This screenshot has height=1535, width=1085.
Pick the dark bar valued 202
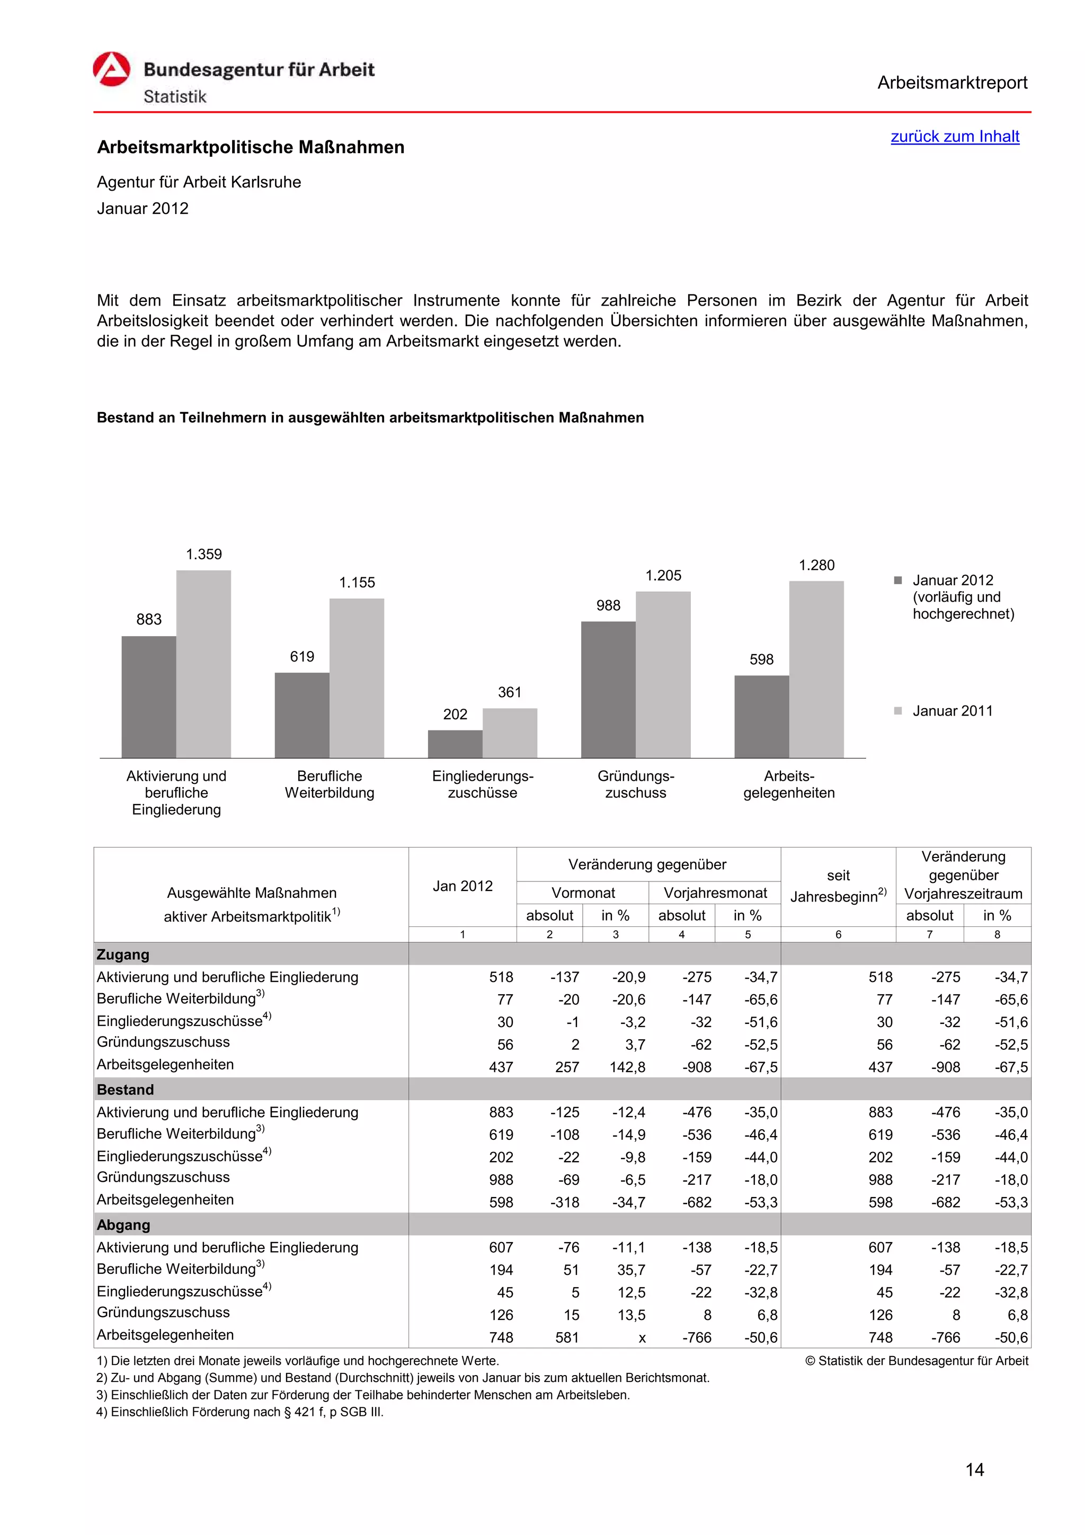tap(455, 744)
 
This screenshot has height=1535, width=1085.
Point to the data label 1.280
tap(816, 566)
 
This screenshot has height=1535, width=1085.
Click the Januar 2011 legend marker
tap(898, 711)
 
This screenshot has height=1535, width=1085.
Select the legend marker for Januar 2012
tap(898, 581)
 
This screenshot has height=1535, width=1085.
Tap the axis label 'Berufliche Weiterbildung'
tap(329, 784)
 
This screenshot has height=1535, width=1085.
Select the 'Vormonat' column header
tap(582, 893)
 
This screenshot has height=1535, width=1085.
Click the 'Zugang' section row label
tap(123, 954)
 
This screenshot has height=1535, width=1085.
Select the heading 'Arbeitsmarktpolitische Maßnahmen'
tap(251, 147)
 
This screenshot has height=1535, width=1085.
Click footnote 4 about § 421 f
tap(240, 1412)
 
